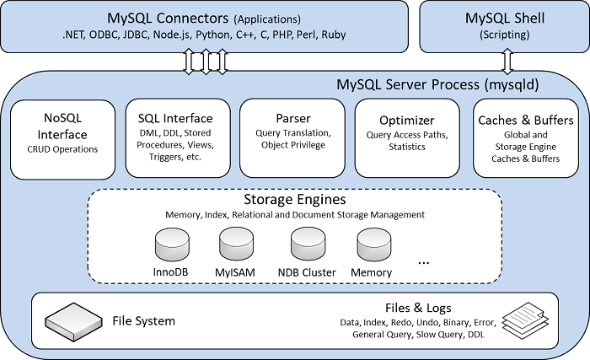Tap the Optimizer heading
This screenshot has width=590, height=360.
pos(407,120)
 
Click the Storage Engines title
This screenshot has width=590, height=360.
pos(294,200)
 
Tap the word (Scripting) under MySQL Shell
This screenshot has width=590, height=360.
pos(505,35)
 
